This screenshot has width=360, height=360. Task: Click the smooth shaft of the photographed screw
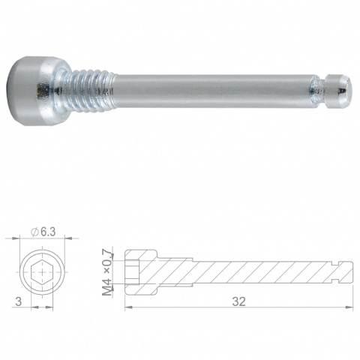click(x=212, y=91)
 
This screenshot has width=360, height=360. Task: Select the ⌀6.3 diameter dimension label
click(x=43, y=232)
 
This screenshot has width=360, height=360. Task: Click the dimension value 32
click(x=238, y=301)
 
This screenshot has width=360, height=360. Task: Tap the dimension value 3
click(x=19, y=301)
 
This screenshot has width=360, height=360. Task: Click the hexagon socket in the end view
click(x=42, y=271)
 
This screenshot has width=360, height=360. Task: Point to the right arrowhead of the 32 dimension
click(x=349, y=307)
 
